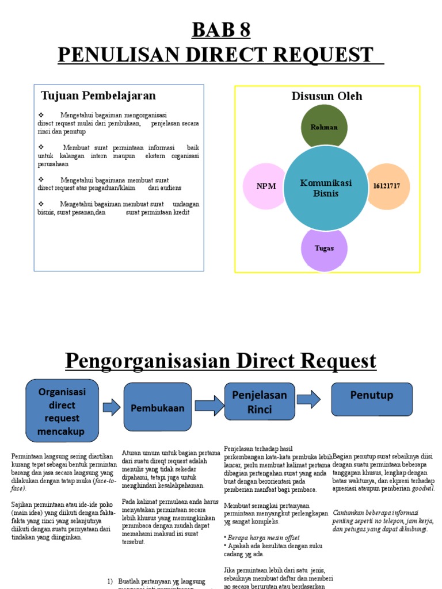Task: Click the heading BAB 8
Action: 221,29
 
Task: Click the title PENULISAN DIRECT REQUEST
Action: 221,55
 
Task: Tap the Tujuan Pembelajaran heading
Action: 98,95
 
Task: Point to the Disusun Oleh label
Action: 327,96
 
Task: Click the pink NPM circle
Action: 266,186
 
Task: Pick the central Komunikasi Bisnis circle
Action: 326,188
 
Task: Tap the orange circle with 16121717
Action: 387,186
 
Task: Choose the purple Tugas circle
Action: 324,248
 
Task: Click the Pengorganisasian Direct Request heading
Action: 221,361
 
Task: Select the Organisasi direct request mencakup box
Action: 62,411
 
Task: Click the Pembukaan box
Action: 158,408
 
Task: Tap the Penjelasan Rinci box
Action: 259,402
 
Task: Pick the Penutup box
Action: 372,396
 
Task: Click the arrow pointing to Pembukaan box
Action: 111,408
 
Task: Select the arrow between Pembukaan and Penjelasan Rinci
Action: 208,405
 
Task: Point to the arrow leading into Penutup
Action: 308,398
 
